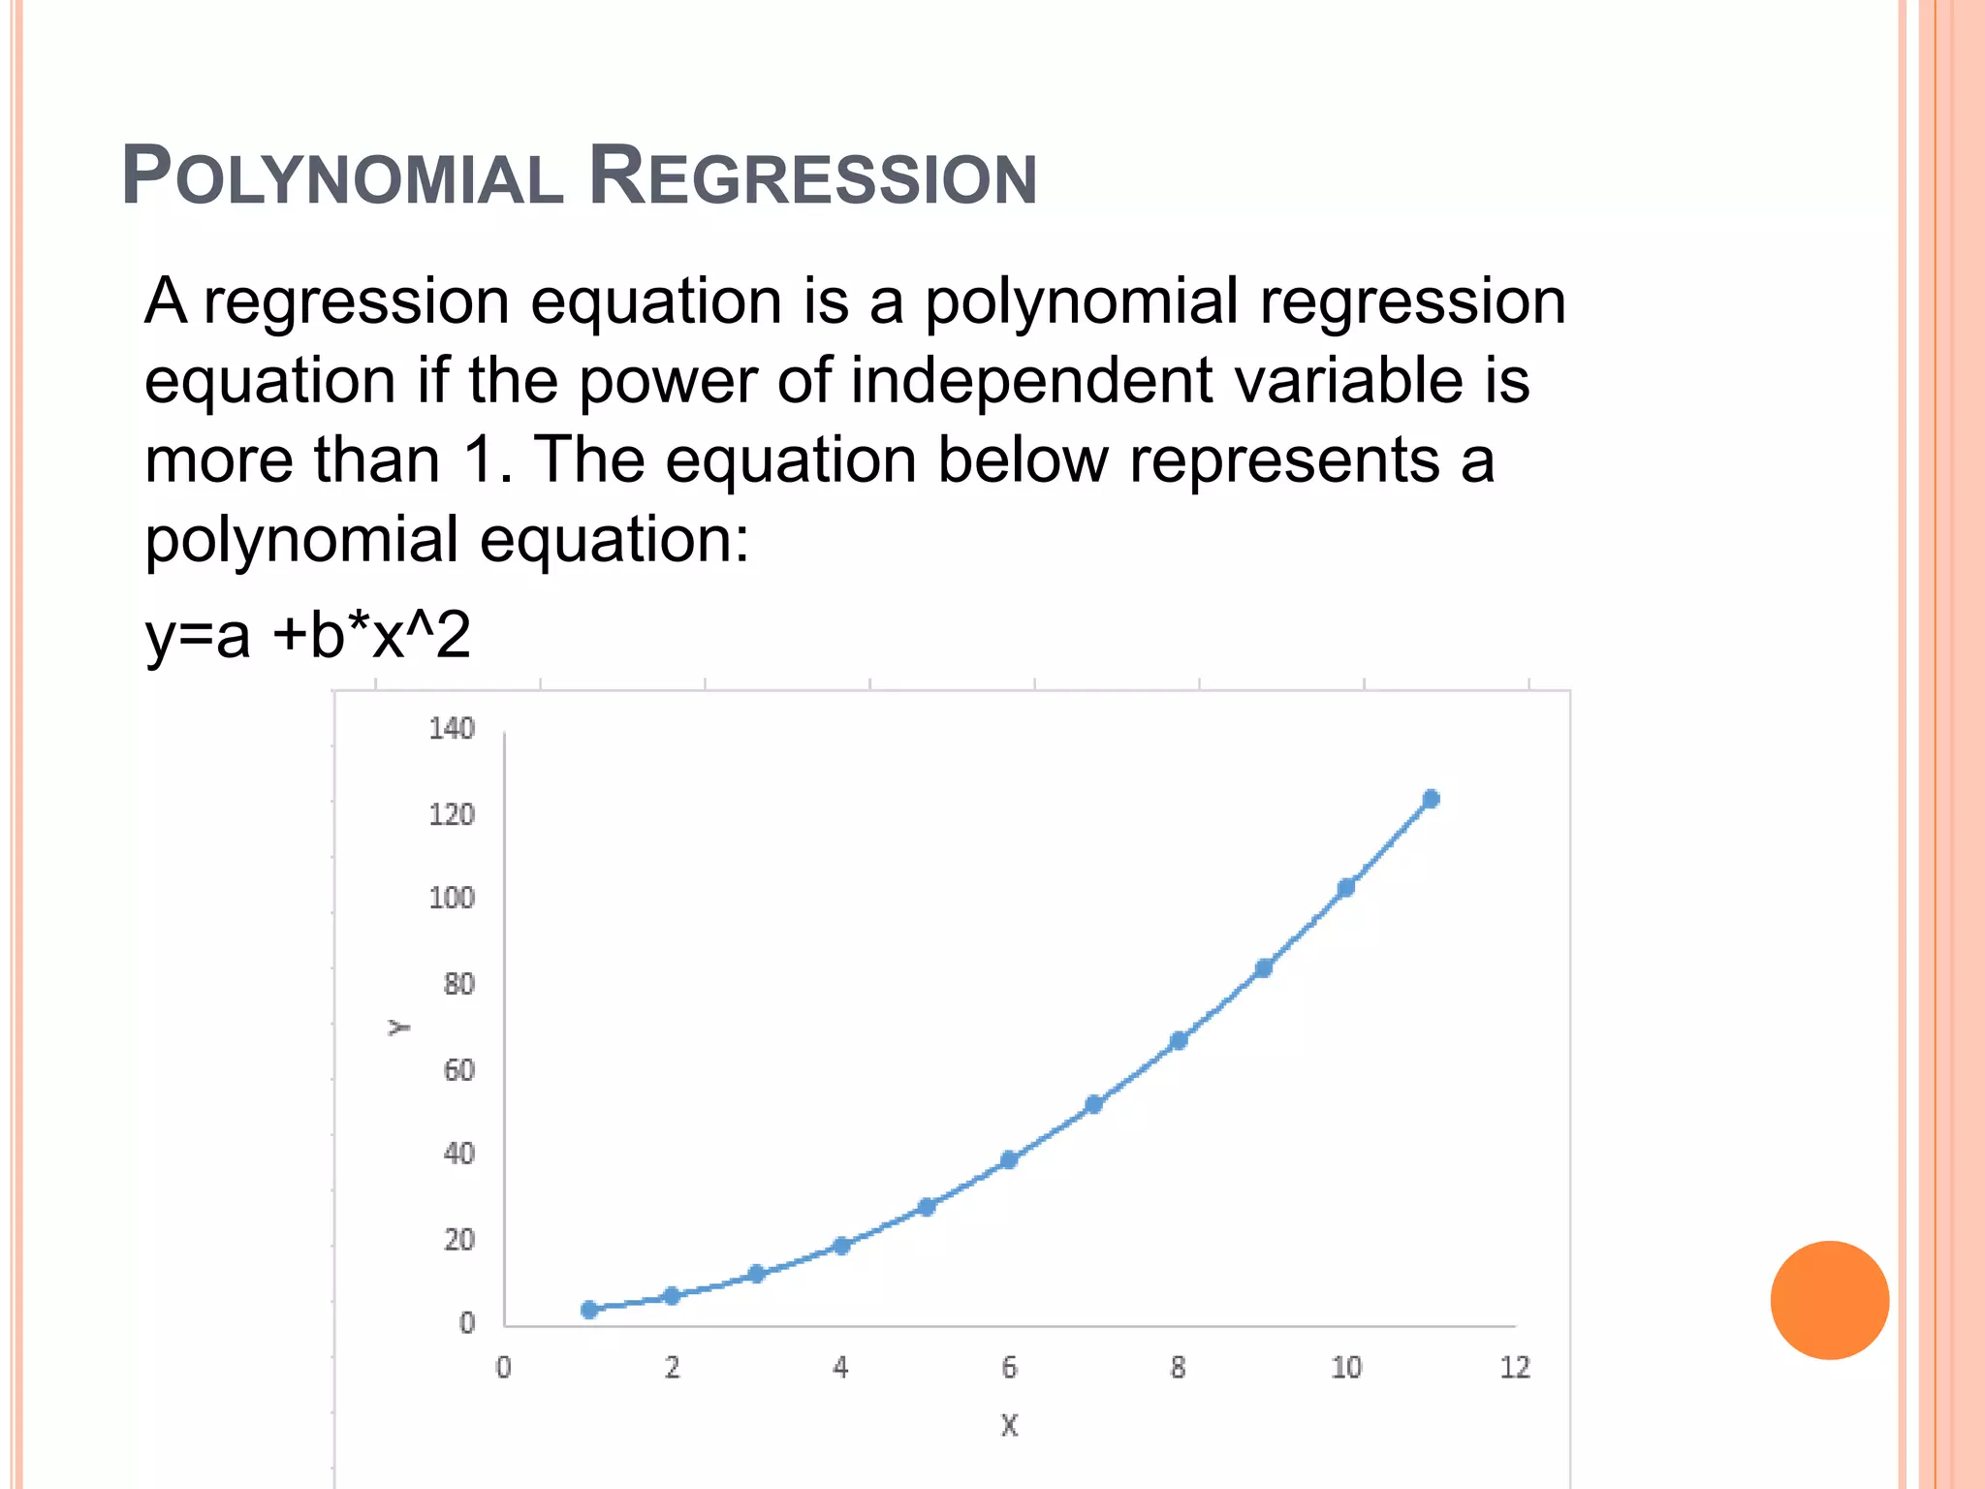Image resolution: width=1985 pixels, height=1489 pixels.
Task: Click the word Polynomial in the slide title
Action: [342, 177]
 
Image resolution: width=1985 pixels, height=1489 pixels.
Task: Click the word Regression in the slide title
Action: [813, 177]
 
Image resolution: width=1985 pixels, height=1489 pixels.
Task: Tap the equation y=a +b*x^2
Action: [307, 636]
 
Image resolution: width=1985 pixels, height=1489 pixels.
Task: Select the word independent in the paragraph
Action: [1031, 380]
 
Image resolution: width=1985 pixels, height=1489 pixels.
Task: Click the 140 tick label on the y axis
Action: [452, 729]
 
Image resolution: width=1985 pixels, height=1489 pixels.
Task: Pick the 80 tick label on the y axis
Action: [458, 985]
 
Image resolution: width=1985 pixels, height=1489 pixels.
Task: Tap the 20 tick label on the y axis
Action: [458, 1240]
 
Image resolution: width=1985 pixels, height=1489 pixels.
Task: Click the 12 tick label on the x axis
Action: [1515, 1368]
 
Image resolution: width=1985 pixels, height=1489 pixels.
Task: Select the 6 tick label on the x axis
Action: [1009, 1368]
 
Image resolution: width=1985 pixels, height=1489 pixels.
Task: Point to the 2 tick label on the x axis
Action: [672, 1368]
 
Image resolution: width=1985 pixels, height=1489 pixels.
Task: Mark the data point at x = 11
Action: [1431, 799]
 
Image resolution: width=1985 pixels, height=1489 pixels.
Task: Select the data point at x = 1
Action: [589, 1310]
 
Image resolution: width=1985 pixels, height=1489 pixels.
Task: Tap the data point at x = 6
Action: [1009, 1159]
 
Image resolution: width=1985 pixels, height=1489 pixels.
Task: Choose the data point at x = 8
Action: [1179, 1041]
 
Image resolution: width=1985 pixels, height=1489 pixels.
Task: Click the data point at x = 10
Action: [1346, 888]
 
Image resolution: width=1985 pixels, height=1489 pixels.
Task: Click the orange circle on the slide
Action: [1829, 1300]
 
